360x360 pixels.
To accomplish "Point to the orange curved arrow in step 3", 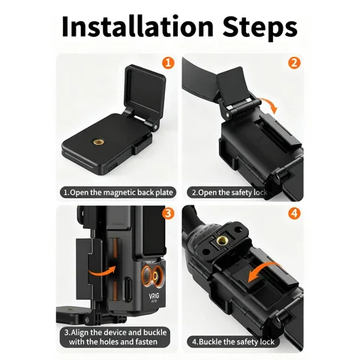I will click(100, 267).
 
